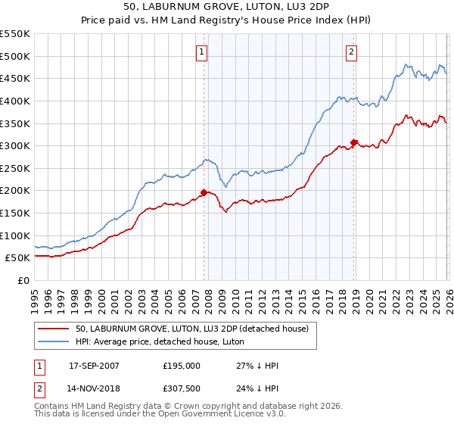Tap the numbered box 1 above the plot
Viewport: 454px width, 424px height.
coord(203,52)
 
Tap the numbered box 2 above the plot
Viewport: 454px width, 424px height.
coord(353,52)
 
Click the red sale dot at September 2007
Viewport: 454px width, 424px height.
coord(204,192)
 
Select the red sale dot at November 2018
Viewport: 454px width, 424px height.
coord(353,142)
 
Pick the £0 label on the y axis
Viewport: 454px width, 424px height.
coord(23,280)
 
